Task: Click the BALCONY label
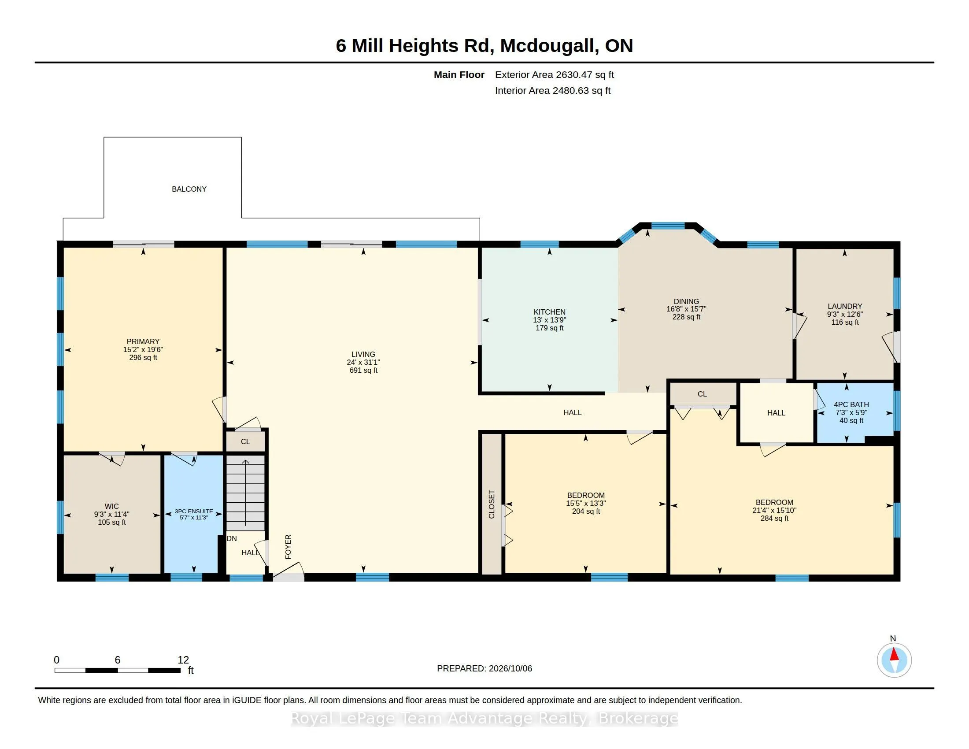pyautogui.click(x=189, y=189)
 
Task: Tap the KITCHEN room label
pyautogui.click(x=549, y=312)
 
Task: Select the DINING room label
pyautogui.click(x=686, y=301)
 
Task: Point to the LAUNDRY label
pyautogui.click(x=845, y=306)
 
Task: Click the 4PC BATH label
pyautogui.click(x=851, y=404)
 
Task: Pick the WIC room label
pyautogui.click(x=111, y=506)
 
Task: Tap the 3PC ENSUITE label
pyautogui.click(x=193, y=511)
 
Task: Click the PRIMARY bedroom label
pyautogui.click(x=143, y=341)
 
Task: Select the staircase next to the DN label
pyautogui.click(x=245, y=493)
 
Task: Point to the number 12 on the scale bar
pyautogui.click(x=183, y=660)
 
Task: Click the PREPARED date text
pyautogui.click(x=484, y=668)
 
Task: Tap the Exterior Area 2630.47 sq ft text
pyautogui.click(x=554, y=74)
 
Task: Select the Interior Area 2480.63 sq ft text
pyautogui.click(x=552, y=90)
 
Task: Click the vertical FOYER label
pyautogui.click(x=288, y=547)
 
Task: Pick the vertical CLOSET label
pyautogui.click(x=492, y=504)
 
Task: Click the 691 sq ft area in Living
pyautogui.click(x=363, y=370)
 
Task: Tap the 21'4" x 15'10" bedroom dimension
pyautogui.click(x=774, y=510)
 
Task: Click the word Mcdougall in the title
pyautogui.click(x=547, y=46)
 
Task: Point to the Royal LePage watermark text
pyautogui.click(x=484, y=719)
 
